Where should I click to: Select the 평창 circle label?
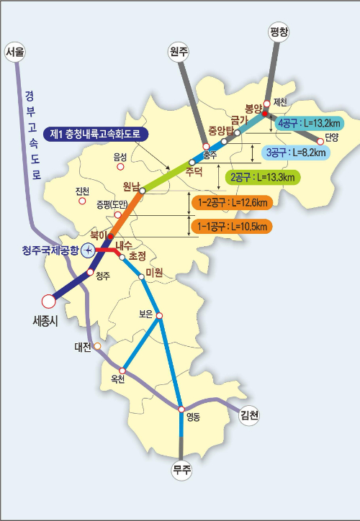(279, 32)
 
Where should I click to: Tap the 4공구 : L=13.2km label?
(309, 122)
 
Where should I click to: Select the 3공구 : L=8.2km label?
(296, 153)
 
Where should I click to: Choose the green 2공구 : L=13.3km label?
(263, 177)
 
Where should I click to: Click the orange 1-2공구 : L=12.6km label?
(232, 204)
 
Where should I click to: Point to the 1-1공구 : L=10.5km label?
(232, 227)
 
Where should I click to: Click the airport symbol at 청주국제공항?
(87, 250)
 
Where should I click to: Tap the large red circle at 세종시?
(48, 301)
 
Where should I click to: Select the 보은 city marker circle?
(160, 315)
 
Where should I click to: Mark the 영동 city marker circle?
(181, 409)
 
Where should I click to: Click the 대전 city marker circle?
(97, 346)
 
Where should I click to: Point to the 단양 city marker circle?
(321, 141)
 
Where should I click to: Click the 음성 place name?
(120, 156)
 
